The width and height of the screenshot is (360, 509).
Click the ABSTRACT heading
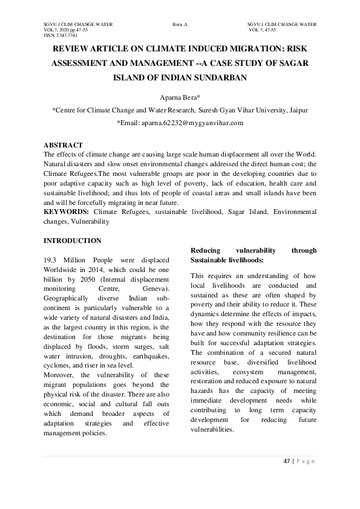pyautogui.click(x=63, y=146)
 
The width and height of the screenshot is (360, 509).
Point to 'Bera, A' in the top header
pyautogui.click(x=180, y=24)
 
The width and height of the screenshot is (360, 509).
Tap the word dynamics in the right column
pyautogui.click(x=205, y=314)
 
